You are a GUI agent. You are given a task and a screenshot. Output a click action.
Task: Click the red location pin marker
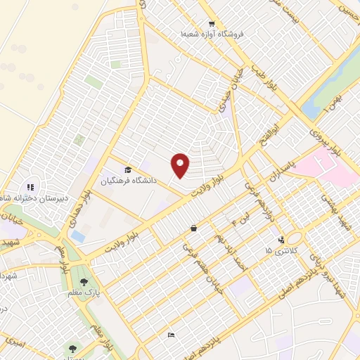pos(181,165)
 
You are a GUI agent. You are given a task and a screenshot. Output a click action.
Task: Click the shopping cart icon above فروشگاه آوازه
pos(191,24)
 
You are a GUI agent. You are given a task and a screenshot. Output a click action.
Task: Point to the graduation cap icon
pos(128,170)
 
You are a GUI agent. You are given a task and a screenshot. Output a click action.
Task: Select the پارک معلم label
pos(84,292)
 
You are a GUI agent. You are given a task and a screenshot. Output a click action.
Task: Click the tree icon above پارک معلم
pos(84,282)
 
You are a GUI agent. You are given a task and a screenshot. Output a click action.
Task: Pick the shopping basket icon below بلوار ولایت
pos(193,228)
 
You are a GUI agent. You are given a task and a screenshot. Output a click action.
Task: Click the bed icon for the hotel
pos(170,335)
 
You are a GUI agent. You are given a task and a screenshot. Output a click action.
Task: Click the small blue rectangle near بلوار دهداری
pos(77,237)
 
